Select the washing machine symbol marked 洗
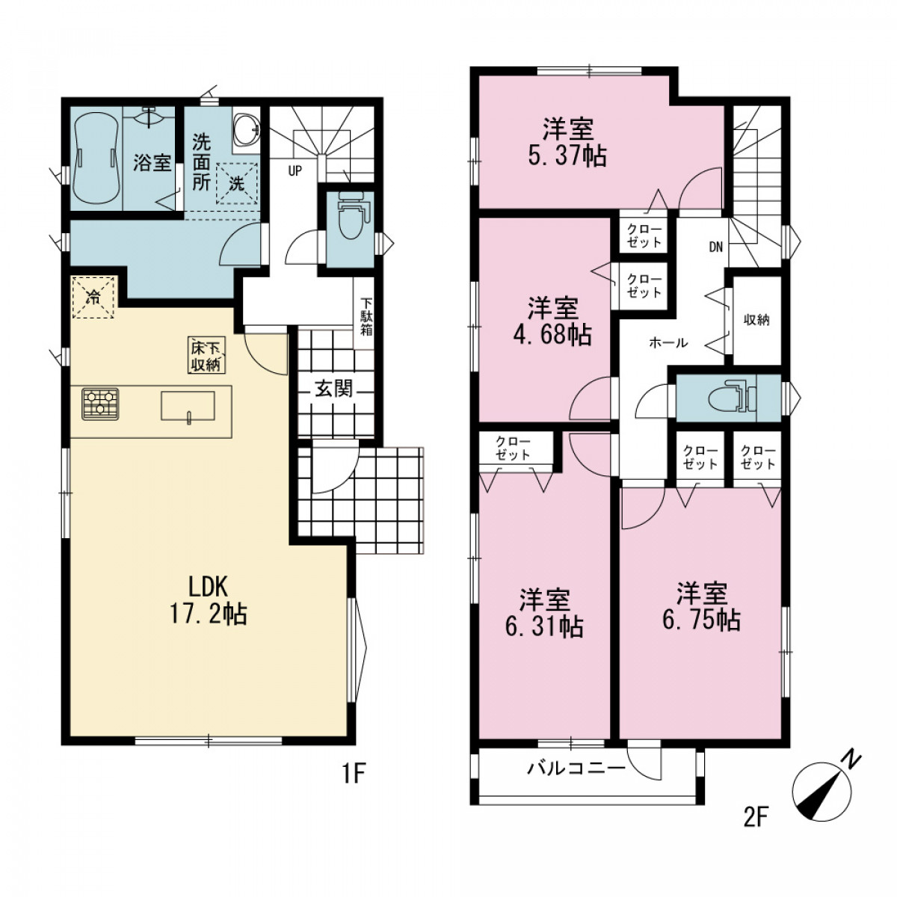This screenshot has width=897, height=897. (x=236, y=183)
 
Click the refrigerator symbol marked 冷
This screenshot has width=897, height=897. (x=93, y=297)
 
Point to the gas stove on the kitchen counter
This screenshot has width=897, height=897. (x=100, y=404)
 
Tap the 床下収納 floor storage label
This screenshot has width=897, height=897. (x=207, y=355)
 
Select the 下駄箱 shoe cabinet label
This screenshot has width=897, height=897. (x=366, y=317)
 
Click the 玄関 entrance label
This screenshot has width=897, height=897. (x=334, y=389)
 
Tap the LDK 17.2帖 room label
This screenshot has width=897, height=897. (x=208, y=602)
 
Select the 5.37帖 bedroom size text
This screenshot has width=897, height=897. (x=567, y=156)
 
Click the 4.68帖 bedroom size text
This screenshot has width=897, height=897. (x=552, y=333)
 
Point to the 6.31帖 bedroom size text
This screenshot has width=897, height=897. (x=544, y=626)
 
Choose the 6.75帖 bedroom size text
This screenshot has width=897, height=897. (x=701, y=620)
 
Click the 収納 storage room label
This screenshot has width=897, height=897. (x=756, y=320)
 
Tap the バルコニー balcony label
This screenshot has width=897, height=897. (x=576, y=768)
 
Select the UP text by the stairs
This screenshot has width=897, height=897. (x=295, y=171)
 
